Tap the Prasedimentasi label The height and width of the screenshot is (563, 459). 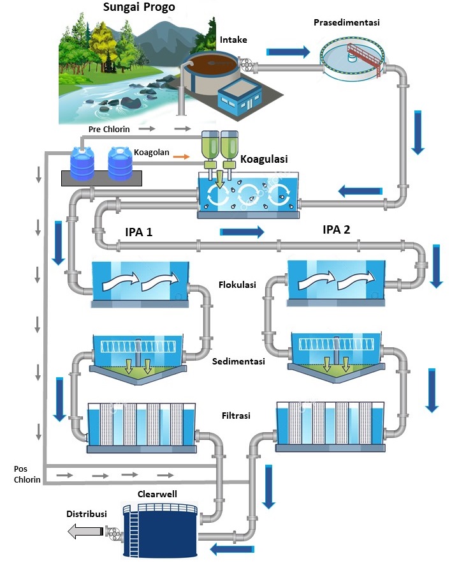(x=347, y=23)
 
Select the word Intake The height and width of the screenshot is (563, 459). (x=233, y=40)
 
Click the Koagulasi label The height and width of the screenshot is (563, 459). (x=264, y=160)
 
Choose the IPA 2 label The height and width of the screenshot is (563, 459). (x=337, y=230)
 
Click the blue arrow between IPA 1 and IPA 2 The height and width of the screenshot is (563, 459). (x=242, y=232)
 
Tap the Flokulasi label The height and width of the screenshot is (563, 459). (x=238, y=285)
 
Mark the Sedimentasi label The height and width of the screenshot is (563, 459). (x=238, y=362)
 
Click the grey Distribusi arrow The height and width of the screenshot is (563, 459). (x=85, y=530)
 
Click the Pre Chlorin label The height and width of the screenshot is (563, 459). (x=109, y=129)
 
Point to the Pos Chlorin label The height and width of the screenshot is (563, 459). (x=27, y=474)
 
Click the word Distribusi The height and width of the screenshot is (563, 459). (x=87, y=514)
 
